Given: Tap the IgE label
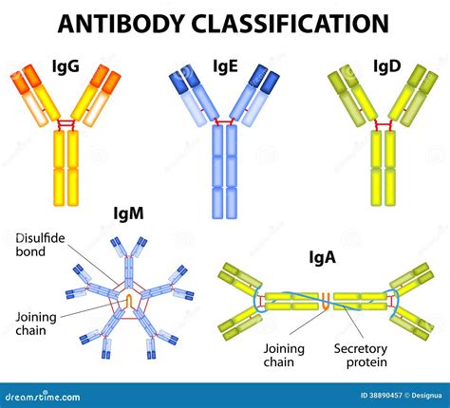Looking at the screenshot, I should pos(226,67).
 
